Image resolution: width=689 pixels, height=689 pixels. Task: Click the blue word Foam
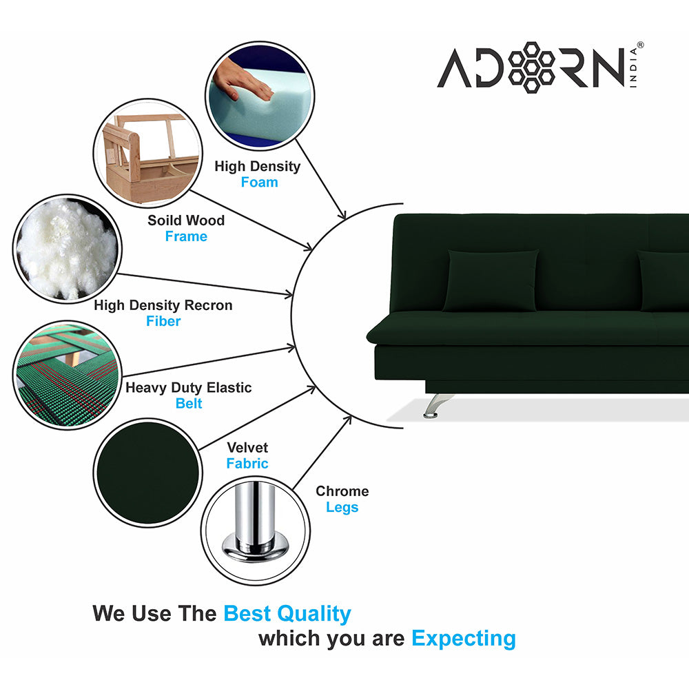[259, 183]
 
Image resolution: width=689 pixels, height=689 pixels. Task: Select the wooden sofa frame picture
[147, 154]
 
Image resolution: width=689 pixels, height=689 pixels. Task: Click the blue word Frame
[186, 236]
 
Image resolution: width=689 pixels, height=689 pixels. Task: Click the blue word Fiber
[163, 321]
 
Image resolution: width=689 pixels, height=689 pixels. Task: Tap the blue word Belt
[189, 404]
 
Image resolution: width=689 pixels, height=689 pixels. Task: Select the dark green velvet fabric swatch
[147, 473]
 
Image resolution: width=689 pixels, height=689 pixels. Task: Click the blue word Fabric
[247, 464]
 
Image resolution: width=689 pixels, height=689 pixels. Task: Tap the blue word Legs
[342, 508]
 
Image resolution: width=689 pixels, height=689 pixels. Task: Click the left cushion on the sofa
[491, 279]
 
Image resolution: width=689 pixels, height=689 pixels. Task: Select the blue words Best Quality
[287, 613]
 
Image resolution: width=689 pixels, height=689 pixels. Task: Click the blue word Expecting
[463, 639]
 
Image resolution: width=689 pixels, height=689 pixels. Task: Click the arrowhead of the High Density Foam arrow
[342, 216]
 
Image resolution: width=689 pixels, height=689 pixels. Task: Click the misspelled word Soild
[165, 220]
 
